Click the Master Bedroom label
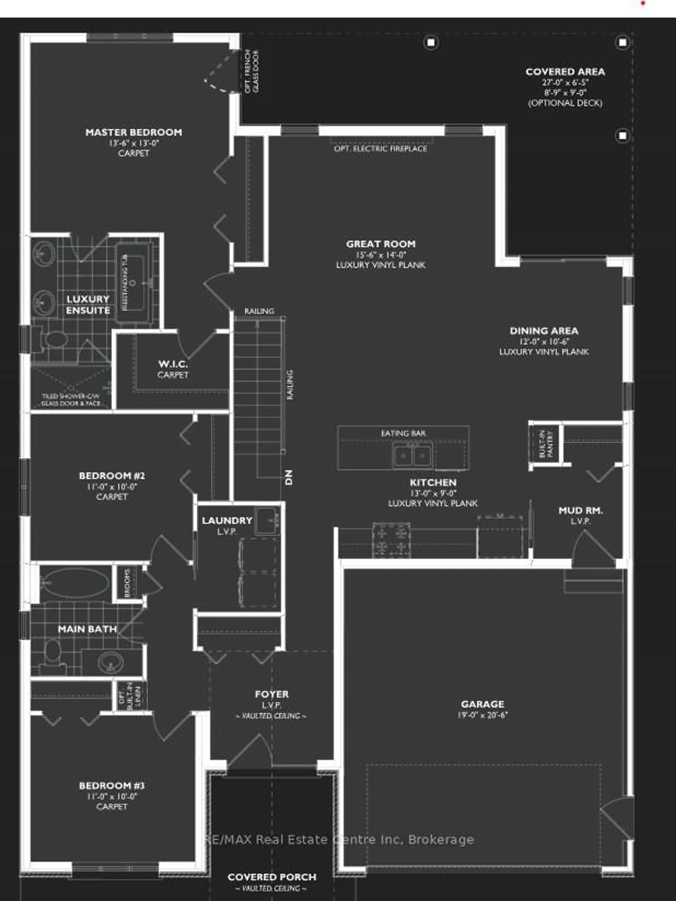[134, 132]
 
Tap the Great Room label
[381, 244]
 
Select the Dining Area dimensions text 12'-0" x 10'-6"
[544, 341]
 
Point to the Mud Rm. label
[580, 510]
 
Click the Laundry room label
[227, 521]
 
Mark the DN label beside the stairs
[289, 477]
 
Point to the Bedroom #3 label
[112, 786]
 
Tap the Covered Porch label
[272, 877]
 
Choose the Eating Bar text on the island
[403, 433]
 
